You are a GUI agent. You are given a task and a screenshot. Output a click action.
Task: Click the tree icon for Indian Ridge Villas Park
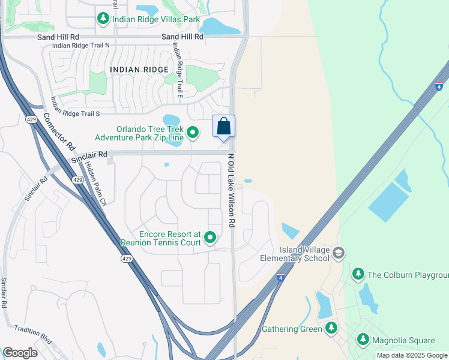point(103,19)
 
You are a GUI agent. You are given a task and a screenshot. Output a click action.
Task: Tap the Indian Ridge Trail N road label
point(81,46)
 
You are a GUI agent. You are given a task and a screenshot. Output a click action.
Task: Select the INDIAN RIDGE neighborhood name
point(139,70)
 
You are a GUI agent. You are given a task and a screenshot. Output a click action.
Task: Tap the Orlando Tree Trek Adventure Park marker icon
point(193,131)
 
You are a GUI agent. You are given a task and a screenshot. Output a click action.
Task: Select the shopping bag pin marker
point(223,127)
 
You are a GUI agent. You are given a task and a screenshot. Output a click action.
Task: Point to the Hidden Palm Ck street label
point(94,182)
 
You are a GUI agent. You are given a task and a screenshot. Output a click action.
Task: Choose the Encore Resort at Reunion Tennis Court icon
point(210,238)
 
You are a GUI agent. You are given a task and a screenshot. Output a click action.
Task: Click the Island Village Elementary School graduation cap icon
point(339,253)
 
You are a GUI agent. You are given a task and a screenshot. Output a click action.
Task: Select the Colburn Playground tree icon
point(358,274)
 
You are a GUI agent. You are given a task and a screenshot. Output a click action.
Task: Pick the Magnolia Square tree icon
point(363,340)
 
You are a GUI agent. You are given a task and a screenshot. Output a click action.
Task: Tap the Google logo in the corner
point(20,353)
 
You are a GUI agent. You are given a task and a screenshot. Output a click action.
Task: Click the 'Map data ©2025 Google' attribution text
point(411,355)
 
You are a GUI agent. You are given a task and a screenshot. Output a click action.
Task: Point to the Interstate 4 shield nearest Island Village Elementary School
point(280,278)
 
